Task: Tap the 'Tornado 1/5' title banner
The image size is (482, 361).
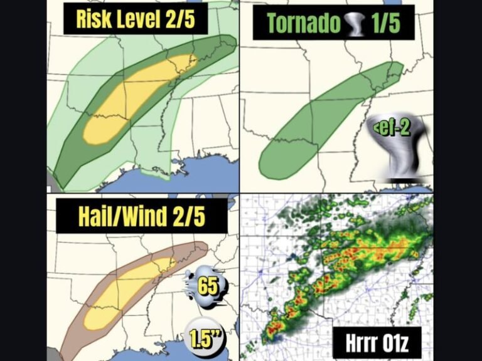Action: coord(333,23)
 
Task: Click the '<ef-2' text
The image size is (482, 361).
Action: coord(392,128)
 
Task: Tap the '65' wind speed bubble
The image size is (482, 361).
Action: coord(207,286)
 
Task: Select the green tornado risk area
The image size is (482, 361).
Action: coord(314,125)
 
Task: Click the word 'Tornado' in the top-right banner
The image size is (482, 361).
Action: coord(304,23)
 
